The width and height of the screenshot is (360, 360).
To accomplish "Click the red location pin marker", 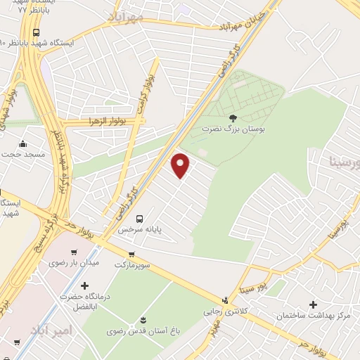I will pyautogui.click(x=181, y=165).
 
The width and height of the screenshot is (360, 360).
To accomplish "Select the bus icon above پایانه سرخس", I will pyautogui.click(x=139, y=219).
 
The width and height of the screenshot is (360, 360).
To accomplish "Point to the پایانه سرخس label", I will pyautogui.click(x=135, y=230).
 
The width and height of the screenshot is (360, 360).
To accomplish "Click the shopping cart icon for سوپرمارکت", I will pyautogui.click(x=131, y=254).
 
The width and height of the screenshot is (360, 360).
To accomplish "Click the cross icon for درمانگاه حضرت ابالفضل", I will pyautogui.click(x=85, y=285).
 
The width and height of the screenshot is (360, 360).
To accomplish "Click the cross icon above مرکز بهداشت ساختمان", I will pyautogui.click(x=313, y=303).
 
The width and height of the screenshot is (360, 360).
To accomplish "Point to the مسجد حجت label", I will pyautogui.click(x=23, y=153).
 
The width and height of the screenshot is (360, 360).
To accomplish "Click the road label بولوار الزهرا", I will pyautogui.click(x=105, y=122).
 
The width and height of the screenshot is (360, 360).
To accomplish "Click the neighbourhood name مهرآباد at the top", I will pyautogui.click(x=127, y=15).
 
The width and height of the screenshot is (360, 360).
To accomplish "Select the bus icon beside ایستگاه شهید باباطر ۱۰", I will pyautogui.click(x=36, y=32).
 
